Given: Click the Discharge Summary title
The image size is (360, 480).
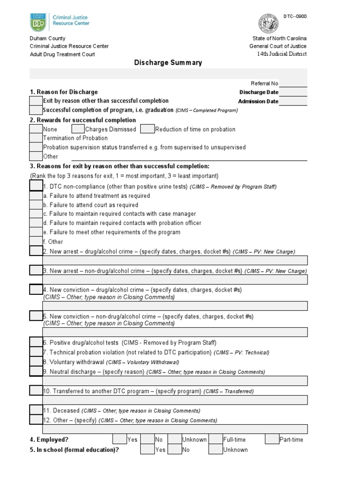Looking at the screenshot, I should [168, 62].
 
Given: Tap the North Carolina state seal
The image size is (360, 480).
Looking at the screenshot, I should [268, 23].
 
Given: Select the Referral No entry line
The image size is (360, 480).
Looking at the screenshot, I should [293, 83].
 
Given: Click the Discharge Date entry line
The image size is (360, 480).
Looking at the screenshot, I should [293, 92].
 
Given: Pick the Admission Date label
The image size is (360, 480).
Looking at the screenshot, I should [258, 101].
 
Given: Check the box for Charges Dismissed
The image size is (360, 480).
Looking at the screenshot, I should [78, 129].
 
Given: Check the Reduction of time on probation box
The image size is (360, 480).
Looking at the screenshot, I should [147, 129].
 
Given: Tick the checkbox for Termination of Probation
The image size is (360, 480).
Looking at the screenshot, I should [36, 138].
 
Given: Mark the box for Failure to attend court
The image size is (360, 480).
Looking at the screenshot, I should [36, 205].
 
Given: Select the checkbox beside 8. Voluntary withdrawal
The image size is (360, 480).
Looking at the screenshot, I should [36, 362].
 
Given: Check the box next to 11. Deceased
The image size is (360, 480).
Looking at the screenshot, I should [36, 410].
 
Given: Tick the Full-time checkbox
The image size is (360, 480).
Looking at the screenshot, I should [216, 439].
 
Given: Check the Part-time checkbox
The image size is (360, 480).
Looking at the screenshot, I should [271, 439].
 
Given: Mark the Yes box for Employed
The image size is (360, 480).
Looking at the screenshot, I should [120, 439].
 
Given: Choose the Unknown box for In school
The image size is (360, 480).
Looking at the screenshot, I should [216, 450].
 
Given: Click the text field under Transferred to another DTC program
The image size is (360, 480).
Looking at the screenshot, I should [175, 400].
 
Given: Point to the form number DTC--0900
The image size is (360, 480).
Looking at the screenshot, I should [295, 16].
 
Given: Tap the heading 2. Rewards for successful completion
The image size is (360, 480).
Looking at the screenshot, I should [82, 120].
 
